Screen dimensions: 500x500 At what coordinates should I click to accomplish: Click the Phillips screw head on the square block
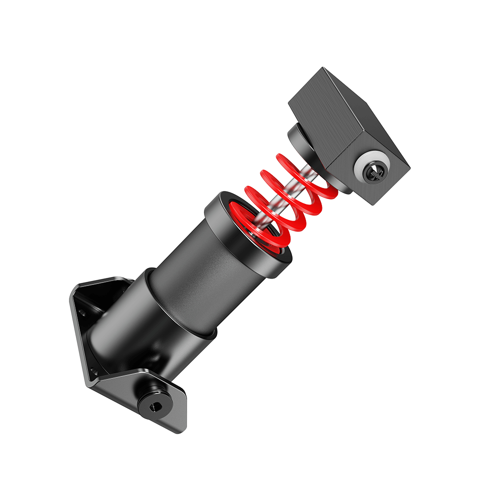click(x=374, y=171)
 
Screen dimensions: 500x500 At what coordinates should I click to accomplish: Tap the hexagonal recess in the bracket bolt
click(x=155, y=406)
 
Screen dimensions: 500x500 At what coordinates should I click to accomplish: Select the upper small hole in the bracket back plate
click(x=82, y=313)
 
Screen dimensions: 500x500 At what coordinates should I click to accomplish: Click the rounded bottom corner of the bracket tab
click(x=177, y=427)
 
